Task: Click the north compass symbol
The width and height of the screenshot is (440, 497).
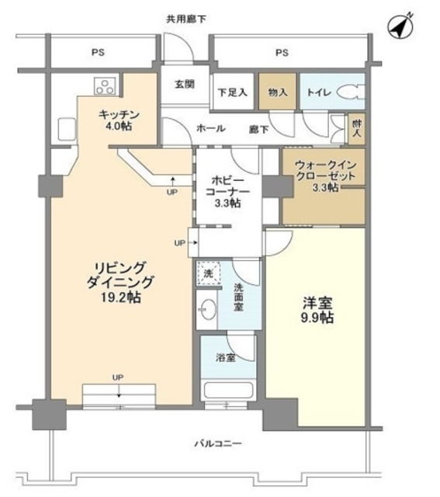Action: [400, 26]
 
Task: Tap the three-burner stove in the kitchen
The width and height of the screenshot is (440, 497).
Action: [105, 86]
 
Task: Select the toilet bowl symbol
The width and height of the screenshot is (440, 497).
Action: [351, 92]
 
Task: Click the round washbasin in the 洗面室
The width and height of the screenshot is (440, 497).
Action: [209, 309]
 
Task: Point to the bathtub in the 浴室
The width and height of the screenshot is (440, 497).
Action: [228, 391]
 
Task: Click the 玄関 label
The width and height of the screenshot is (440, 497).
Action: [185, 85]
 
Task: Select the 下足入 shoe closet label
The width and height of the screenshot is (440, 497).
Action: [233, 92]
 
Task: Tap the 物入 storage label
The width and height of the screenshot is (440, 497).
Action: [278, 92]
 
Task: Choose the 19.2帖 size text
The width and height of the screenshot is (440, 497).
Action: [121, 297]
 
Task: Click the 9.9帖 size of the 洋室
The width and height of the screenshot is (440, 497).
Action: [317, 317]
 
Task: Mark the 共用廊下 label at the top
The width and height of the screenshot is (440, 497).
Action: [186, 19]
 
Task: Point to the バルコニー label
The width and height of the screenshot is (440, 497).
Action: [218, 443]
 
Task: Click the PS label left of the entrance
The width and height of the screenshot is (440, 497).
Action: [98, 52]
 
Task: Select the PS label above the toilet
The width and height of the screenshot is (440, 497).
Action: [282, 52]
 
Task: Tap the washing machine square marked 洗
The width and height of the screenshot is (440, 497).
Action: [208, 273]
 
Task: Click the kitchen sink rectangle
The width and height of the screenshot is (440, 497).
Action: [67, 129]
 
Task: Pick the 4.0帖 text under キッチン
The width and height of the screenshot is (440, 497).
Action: [119, 126]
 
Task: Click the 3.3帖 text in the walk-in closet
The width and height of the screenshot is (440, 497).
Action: [325, 187]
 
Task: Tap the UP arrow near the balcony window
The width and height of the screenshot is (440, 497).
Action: [119, 391]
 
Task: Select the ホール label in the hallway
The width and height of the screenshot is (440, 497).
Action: [211, 128]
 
